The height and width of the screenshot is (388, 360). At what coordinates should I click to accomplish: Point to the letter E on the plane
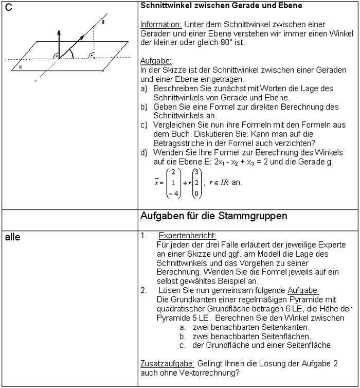(x=20, y=67)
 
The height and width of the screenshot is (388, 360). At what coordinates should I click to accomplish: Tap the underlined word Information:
(x=159, y=25)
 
